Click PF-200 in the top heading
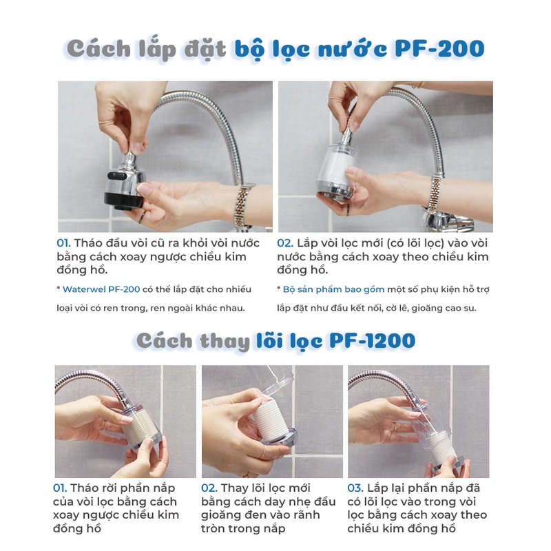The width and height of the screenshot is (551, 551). coord(439,48)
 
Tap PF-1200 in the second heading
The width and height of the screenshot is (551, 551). coord(372,340)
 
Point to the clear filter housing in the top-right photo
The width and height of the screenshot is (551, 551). coord(335,170)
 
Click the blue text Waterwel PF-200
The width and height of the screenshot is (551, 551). coord(101,289)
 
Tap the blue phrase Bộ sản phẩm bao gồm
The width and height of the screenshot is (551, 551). coord(333,289)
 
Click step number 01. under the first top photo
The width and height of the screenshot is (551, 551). coord(63,243)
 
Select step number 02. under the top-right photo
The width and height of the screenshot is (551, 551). coord(285,243)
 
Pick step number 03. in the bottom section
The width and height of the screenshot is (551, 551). coord(355,488)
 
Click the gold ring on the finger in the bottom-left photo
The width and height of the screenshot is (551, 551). coord(104,425)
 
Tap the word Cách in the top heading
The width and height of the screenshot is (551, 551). coord(98,48)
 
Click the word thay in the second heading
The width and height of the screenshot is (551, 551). coord(225,341)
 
